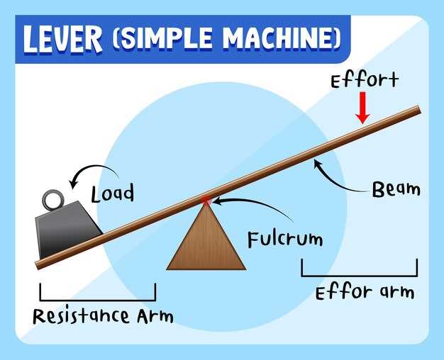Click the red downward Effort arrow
coord(362,108)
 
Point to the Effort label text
coord(365,80)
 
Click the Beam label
coord(396,189)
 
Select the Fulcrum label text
coord(285,239)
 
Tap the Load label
coord(112,192)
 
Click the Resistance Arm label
coord(102,315)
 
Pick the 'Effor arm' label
coord(363,291)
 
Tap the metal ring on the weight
coord(53,199)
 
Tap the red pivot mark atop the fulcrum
coord(206,201)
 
